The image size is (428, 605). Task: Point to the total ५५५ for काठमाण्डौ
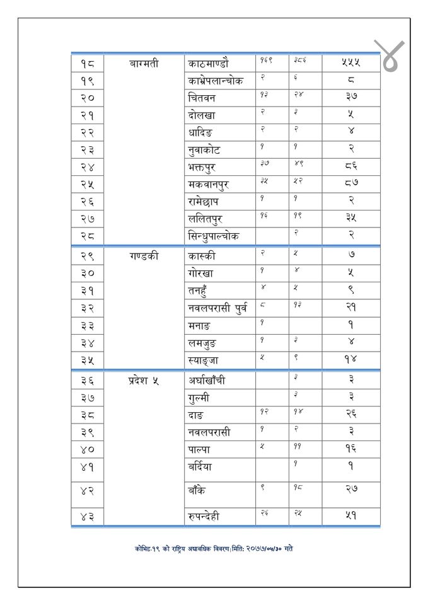coord(350,64)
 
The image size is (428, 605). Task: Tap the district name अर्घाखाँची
coord(211,381)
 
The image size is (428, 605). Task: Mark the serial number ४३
coord(87,517)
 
